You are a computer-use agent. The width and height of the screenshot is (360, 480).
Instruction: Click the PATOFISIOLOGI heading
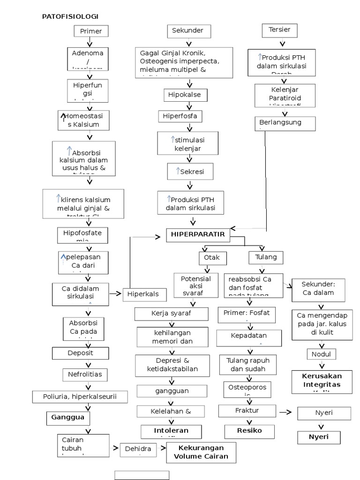[x=70, y=16]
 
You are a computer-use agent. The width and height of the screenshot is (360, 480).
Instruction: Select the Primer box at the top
[x=91, y=31]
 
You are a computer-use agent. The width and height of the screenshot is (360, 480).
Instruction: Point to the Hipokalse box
[x=184, y=95]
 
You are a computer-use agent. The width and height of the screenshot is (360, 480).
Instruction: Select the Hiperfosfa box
[x=180, y=116]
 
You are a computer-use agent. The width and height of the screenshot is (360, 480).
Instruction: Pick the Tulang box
[x=265, y=257]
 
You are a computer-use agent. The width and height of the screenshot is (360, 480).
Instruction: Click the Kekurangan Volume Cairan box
[x=201, y=452]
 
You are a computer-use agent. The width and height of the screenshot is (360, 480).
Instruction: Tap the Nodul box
[x=321, y=354]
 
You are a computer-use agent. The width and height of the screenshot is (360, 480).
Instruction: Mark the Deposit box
[x=81, y=353]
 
